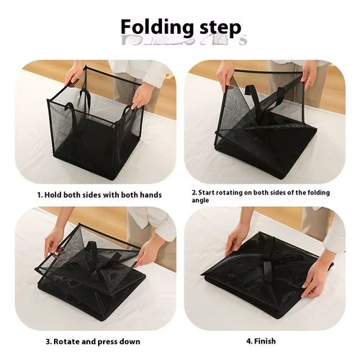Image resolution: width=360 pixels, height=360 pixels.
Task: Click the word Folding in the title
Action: tap(154, 27)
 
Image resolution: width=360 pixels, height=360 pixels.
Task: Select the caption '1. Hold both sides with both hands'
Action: tap(99, 194)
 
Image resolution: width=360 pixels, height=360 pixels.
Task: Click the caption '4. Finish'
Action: tap(261, 341)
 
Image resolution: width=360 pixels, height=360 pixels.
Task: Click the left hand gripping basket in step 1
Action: tap(74, 73)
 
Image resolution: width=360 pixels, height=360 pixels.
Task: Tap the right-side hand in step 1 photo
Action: tap(142, 94)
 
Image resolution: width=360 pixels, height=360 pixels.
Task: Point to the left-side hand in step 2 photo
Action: tap(226, 73)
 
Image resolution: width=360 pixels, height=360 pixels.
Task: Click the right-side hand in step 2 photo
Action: tap(309, 73)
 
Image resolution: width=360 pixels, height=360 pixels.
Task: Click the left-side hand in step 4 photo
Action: tap(235, 238)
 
